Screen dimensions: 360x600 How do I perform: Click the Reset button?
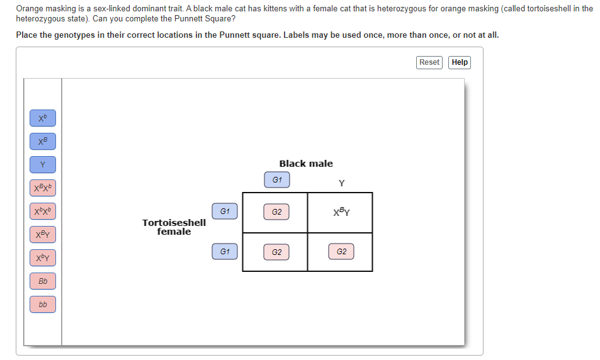point(429,62)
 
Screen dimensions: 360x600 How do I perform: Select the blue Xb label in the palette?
point(43,118)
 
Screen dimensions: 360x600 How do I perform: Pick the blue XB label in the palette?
point(43,142)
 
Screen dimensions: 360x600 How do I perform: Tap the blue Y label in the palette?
point(43,165)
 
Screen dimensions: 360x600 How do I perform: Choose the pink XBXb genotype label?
point(43,188)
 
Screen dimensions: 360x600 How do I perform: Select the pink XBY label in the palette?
point(43,235)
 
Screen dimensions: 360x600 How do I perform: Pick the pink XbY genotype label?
point(43,258)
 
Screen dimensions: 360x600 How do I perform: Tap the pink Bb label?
point(43,281)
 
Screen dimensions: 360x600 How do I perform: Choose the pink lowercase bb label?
point(43,305)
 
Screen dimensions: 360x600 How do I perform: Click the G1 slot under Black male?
point(277,180)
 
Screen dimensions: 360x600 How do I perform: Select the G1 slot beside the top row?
point(225,211)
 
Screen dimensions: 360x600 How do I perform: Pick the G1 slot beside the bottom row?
point(225,252)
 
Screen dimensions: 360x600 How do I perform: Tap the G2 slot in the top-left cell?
point(276,212)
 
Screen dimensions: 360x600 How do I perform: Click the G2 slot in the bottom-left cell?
point(276,252)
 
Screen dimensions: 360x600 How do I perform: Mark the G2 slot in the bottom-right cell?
point(341,252)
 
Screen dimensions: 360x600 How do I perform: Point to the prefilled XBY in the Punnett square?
point(341,212)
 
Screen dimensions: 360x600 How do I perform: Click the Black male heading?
point(306,164)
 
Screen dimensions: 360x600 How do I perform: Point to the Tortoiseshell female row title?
point(174,227)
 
